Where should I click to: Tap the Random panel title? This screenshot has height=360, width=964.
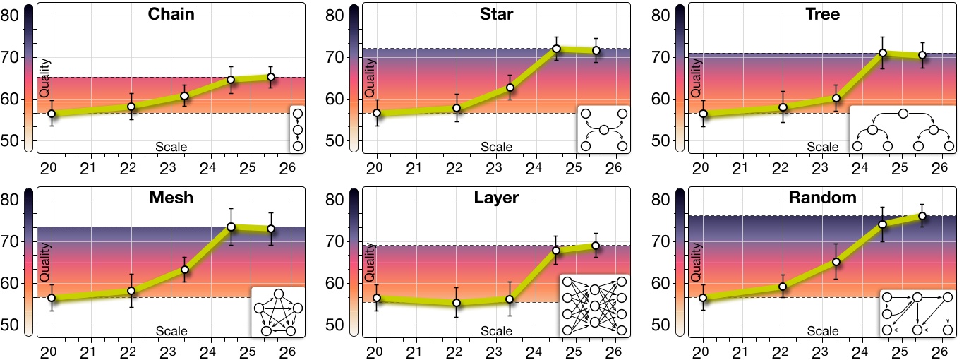(822, 198)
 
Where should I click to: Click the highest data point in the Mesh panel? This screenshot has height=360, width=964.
(231, 227)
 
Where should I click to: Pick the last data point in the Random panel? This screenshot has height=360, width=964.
(922, 216)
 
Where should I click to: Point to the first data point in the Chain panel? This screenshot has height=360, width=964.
(51, 114)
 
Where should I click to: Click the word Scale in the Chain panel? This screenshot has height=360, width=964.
(171, 147)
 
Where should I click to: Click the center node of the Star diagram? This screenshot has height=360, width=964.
(603, 130)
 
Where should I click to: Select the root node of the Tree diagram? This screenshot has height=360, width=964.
(903, 114)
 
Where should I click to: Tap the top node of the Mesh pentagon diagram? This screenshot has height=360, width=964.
(279, 294)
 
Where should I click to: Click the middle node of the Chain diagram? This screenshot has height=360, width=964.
(297, 130)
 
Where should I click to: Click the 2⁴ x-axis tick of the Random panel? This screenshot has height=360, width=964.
(859, 353)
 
